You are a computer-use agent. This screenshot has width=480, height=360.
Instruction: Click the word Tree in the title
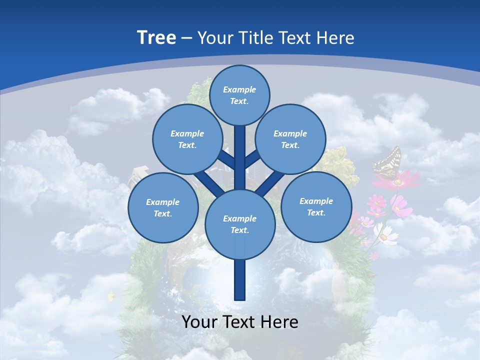coord(156,38)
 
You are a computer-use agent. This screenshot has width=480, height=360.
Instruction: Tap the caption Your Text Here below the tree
coord(240,322)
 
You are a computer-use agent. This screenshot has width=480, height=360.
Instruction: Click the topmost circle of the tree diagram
coord(239,95)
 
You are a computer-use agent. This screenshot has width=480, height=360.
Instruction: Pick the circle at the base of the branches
coord(240,224)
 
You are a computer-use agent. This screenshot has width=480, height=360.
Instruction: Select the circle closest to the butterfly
coord(316,206)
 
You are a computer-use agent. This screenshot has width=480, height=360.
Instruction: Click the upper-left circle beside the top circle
coord(187,139)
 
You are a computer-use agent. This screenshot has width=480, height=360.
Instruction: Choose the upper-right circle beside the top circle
coord(290,139)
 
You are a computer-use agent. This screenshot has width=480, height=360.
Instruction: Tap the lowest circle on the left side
coord(163,207)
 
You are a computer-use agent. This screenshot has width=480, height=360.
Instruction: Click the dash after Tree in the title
coord(186,38)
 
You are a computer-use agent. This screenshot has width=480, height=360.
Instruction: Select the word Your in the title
coord(214,38)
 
